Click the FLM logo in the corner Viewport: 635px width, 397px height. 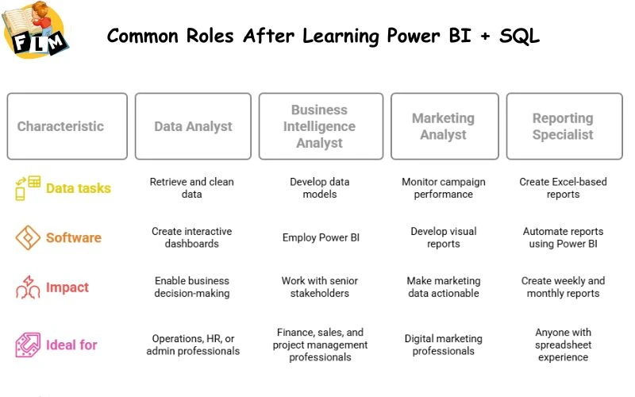point(36,30)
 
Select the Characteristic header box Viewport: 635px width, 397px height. point(67,126)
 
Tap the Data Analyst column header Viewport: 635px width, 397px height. point(193,126)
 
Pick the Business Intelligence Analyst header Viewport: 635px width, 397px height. point(320,126)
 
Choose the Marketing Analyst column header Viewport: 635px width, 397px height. point(443,126)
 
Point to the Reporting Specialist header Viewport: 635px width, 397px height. point(563,126)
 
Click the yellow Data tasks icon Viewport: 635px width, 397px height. point(28,188)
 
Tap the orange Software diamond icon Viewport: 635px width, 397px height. point(28,237)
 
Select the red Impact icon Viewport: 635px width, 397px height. point(28,287)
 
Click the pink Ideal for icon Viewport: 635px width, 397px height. point(28,345)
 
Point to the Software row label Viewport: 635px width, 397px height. point(74,237)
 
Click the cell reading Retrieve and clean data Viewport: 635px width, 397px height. point(192,188)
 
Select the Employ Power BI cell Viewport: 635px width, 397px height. point(320,237)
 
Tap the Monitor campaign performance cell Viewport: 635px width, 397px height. point(444,188)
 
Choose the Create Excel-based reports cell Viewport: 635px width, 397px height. point(563,188)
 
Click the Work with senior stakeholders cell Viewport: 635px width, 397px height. point(320,287)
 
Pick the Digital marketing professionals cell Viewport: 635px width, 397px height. point(444,345)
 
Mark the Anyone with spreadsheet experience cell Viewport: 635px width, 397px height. point(563,345)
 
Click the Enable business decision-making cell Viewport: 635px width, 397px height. point(192,287)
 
